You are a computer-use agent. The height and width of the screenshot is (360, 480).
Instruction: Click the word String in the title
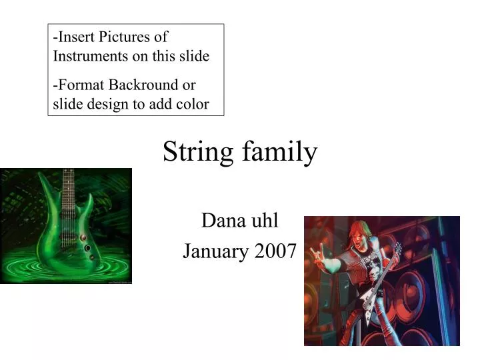coord(194,153)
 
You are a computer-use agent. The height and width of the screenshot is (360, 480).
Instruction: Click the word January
coord(213,252)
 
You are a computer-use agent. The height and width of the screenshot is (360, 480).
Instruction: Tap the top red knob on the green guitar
coord(83,236)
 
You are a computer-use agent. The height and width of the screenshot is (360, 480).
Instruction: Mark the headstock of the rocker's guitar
coord(399,248)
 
